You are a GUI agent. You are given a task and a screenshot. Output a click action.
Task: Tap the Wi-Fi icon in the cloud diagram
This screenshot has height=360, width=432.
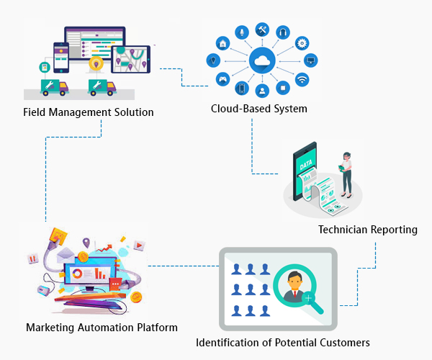coord(302,79)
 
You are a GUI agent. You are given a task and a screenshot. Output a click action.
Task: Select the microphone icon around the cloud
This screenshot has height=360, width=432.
coord(242,32)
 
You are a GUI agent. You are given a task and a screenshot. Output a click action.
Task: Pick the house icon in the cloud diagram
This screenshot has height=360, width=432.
coord(224,43)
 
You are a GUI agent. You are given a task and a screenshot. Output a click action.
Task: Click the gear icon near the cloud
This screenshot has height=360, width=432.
coord(302,43)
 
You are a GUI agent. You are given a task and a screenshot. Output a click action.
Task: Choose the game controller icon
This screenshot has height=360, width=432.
coord(222,78)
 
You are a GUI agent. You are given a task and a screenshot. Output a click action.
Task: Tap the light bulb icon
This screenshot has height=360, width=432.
coord(212,60)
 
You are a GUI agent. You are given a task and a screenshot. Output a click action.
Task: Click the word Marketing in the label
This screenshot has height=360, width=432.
coord(52,328)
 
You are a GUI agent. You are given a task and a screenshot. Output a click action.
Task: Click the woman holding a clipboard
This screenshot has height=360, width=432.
coord(347,173)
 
